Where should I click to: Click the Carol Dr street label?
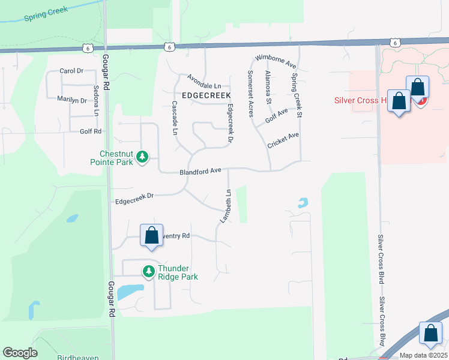71,71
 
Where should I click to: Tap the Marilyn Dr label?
72,100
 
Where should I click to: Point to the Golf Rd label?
90,131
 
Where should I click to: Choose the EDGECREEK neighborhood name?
194,95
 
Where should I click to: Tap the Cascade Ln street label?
175,117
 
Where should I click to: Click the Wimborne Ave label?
276,59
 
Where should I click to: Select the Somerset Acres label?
250,93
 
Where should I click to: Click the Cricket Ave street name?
283,140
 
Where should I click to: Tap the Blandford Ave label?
200,172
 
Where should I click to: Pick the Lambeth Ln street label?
224,206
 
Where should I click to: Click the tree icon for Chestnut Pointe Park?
142,157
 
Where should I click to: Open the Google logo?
20,353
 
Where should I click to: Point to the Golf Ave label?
277,115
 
